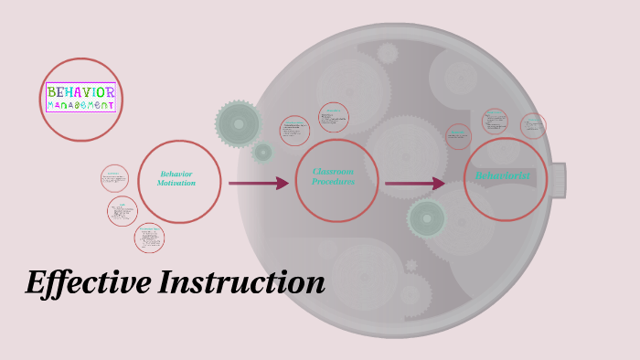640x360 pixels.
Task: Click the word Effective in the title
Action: click(x=88, y=283)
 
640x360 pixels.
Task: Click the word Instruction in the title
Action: click(x=241, y=283)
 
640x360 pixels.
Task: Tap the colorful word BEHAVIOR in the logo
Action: click(x=81, y=92)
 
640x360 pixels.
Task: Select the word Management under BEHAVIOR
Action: click(x=81, y=105)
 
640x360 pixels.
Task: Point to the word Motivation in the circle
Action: click(x=176, y=184)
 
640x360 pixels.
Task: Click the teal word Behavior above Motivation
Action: click(x=176, y=174)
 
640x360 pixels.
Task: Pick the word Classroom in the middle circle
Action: click(x=333, y=171)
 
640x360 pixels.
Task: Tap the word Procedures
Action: click(x=333, y=181)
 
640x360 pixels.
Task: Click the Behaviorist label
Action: click(x=503, y=175)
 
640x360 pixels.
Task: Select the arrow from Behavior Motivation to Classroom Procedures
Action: click(x=258, y=184)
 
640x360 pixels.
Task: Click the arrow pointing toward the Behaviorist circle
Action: click(x=414, y=184)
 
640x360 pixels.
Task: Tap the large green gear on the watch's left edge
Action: click(x=239, y=123)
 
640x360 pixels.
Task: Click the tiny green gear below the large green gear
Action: click(x=263, y=153)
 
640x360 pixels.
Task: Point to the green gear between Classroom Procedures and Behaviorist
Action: click(x=427, y=218)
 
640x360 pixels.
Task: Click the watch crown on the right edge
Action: click(x=558, y=180)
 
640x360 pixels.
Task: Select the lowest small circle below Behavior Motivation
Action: click(x=149, y=238)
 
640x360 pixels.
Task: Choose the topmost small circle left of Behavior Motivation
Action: click(x=114, y=178)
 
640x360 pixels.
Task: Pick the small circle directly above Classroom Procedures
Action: click(x=334, y=117)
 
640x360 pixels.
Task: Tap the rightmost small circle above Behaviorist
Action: click(x=533, y=126)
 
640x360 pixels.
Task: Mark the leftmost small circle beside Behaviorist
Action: click(x=458, y=137)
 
